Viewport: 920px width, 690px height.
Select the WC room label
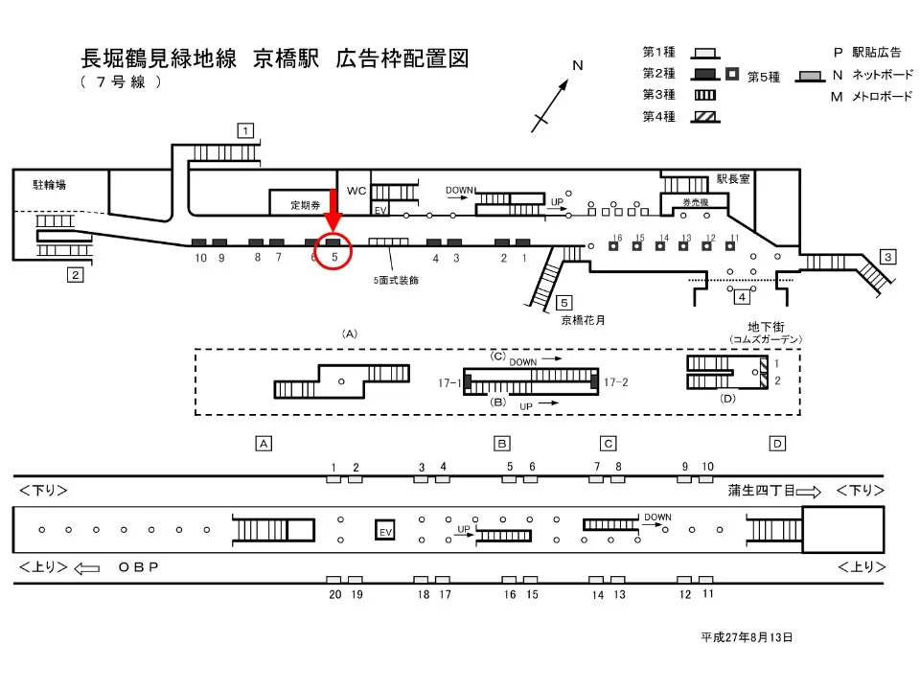pos(356,191)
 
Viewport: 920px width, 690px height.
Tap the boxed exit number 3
pos(888,256)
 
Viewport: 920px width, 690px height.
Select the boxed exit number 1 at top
pos(246,129)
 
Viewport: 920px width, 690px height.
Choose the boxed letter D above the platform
pos(777,443)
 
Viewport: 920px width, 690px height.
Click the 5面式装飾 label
pos(396,281)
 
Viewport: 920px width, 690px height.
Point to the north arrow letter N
pos(578,66)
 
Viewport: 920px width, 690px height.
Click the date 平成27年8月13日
pos(747,636)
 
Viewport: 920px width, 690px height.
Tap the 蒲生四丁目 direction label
pos(763,491)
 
